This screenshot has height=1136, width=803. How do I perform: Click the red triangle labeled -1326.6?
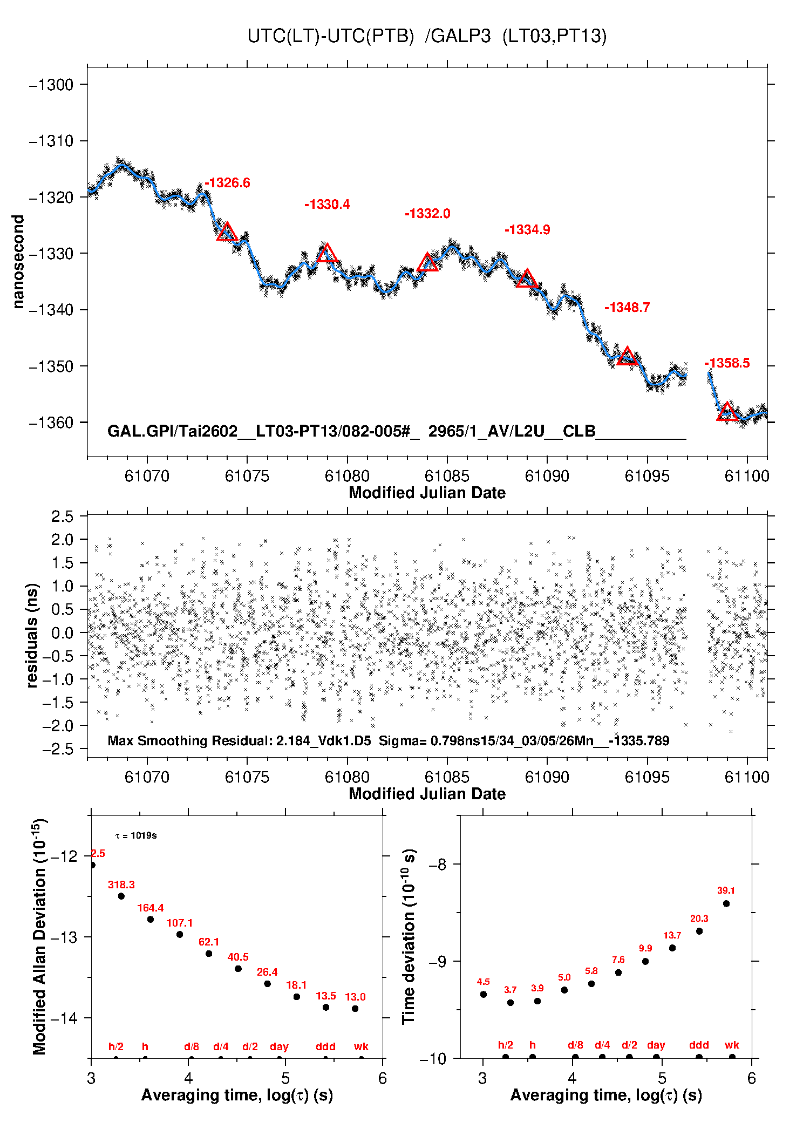[227, 232]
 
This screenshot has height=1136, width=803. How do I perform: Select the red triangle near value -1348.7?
[627, 357]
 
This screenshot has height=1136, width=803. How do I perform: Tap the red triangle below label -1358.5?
[727, 412]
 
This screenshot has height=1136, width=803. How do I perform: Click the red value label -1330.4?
[327, 205]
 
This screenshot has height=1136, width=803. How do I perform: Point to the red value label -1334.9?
[527, 230]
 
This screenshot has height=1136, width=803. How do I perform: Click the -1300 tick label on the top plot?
[51, 85]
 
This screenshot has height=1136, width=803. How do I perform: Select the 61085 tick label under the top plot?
[447, 476]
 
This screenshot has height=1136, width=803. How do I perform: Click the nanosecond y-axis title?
[19, 262]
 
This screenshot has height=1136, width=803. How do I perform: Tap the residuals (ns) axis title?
[32, 635]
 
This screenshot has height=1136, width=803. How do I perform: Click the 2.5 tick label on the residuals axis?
[62, 516]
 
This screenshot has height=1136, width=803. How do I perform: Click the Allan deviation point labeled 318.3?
[121, 896]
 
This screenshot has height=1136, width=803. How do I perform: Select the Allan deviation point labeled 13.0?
[355, 1009]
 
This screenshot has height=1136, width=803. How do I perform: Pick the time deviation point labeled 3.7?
[511, 1003]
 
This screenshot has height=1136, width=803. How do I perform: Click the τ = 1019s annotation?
[136, 836]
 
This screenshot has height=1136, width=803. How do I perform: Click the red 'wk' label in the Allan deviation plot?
[361, 1047]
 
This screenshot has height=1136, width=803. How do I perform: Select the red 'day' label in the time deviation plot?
[656, 1045]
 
